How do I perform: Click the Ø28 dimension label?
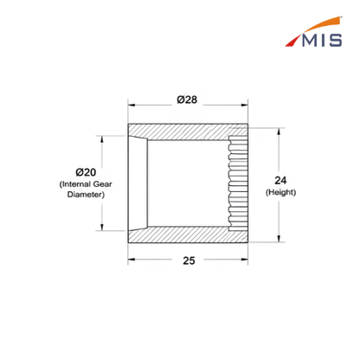click(x=187, y=100)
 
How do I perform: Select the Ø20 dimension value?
click(x=86, y=172)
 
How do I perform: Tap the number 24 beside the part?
click(x=280, y=181)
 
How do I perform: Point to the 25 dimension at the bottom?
click(x=189, y=260)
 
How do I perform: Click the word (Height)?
click(x=280, y=192)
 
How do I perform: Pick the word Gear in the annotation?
click(x=102, y=184)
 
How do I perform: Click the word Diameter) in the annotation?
click(x=86, y=195)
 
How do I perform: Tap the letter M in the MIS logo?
click(x=312, y=40)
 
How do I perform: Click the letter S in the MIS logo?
click(x=336, y=40)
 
